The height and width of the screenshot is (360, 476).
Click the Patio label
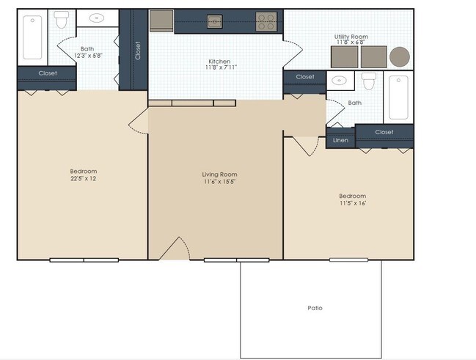pyautogui.click(x=314, y=308)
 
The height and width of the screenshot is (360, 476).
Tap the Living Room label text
pyautogui.click(x=219, y=174)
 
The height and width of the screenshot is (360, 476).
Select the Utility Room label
pyautogui.click(x=351, y=36)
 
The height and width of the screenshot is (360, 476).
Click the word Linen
pyautogui.click(x=340, y=139)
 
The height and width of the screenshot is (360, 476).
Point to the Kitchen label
pyautogui.click(x=219, y=62)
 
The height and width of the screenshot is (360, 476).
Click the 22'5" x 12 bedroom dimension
pyautogui.click(x=83, y=178)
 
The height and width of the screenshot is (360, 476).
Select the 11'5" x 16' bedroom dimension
pyautogui.click(x=352, y=203)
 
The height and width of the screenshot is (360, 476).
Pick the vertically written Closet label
pyautogui.click(x=138, y=50)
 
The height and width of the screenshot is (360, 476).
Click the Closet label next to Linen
pyautogui.click(x=384, y=132)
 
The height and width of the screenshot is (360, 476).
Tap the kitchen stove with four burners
pyautogui.click(x=266, y=21)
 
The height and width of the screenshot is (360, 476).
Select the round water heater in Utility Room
pyautogui.click(x=400, y=56)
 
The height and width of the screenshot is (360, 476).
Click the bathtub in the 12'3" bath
pyautogui.click(x=32, y=37)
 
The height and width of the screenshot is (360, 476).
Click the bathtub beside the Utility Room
pyautogui.click(x=399, y=97)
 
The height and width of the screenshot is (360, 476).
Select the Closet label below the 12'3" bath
pyautogui.click(x=47, y=73)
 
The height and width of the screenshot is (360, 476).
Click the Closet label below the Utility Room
pyautogui.click(x=305, y=76)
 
